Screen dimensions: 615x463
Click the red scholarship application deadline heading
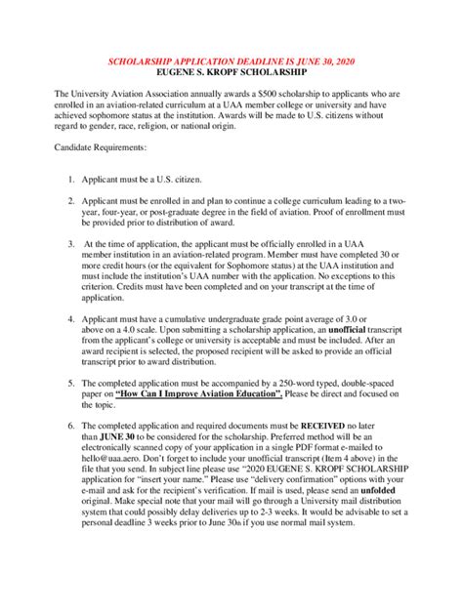231,61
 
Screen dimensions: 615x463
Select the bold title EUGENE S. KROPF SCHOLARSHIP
231,72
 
